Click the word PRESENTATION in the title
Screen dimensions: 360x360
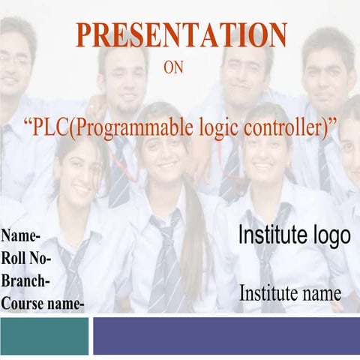[181, 35]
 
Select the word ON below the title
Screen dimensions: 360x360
[173, 68]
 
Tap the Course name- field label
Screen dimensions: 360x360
[43, 304]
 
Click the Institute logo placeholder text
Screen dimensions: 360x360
[294, 235]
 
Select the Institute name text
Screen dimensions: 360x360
[290, 293]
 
